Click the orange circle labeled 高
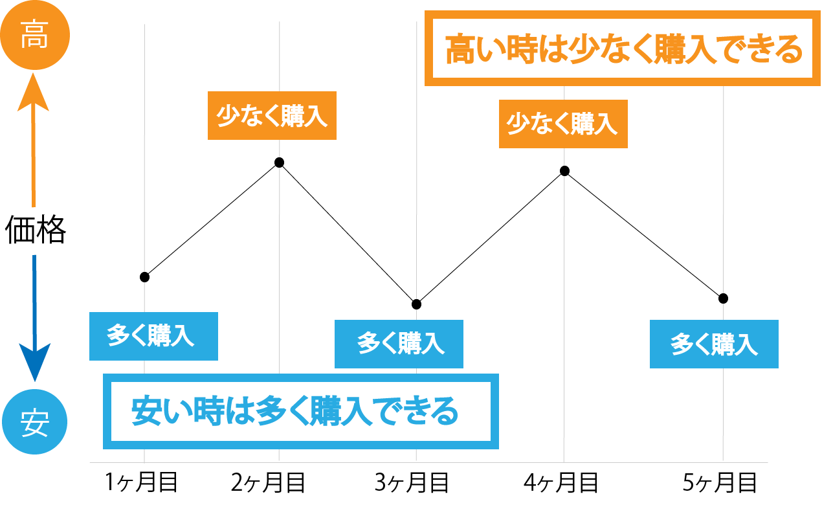tap(34, 38)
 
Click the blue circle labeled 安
tap(34, 425)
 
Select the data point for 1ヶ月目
tap(144, 277)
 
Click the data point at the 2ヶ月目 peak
tap(280, 162)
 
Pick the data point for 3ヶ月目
tap(417, 304)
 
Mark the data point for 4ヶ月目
tap(564, 171)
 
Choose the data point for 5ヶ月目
tap(723, 298)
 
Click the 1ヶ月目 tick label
tap(140, 482)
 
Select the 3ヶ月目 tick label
tap(412, 482)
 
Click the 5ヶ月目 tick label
tap(720, 482)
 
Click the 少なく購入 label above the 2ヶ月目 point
tap(272, 116)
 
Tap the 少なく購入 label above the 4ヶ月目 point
tap(563, 124)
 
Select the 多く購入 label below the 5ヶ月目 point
tap(714, 344)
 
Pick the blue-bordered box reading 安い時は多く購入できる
tap(301, 412)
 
